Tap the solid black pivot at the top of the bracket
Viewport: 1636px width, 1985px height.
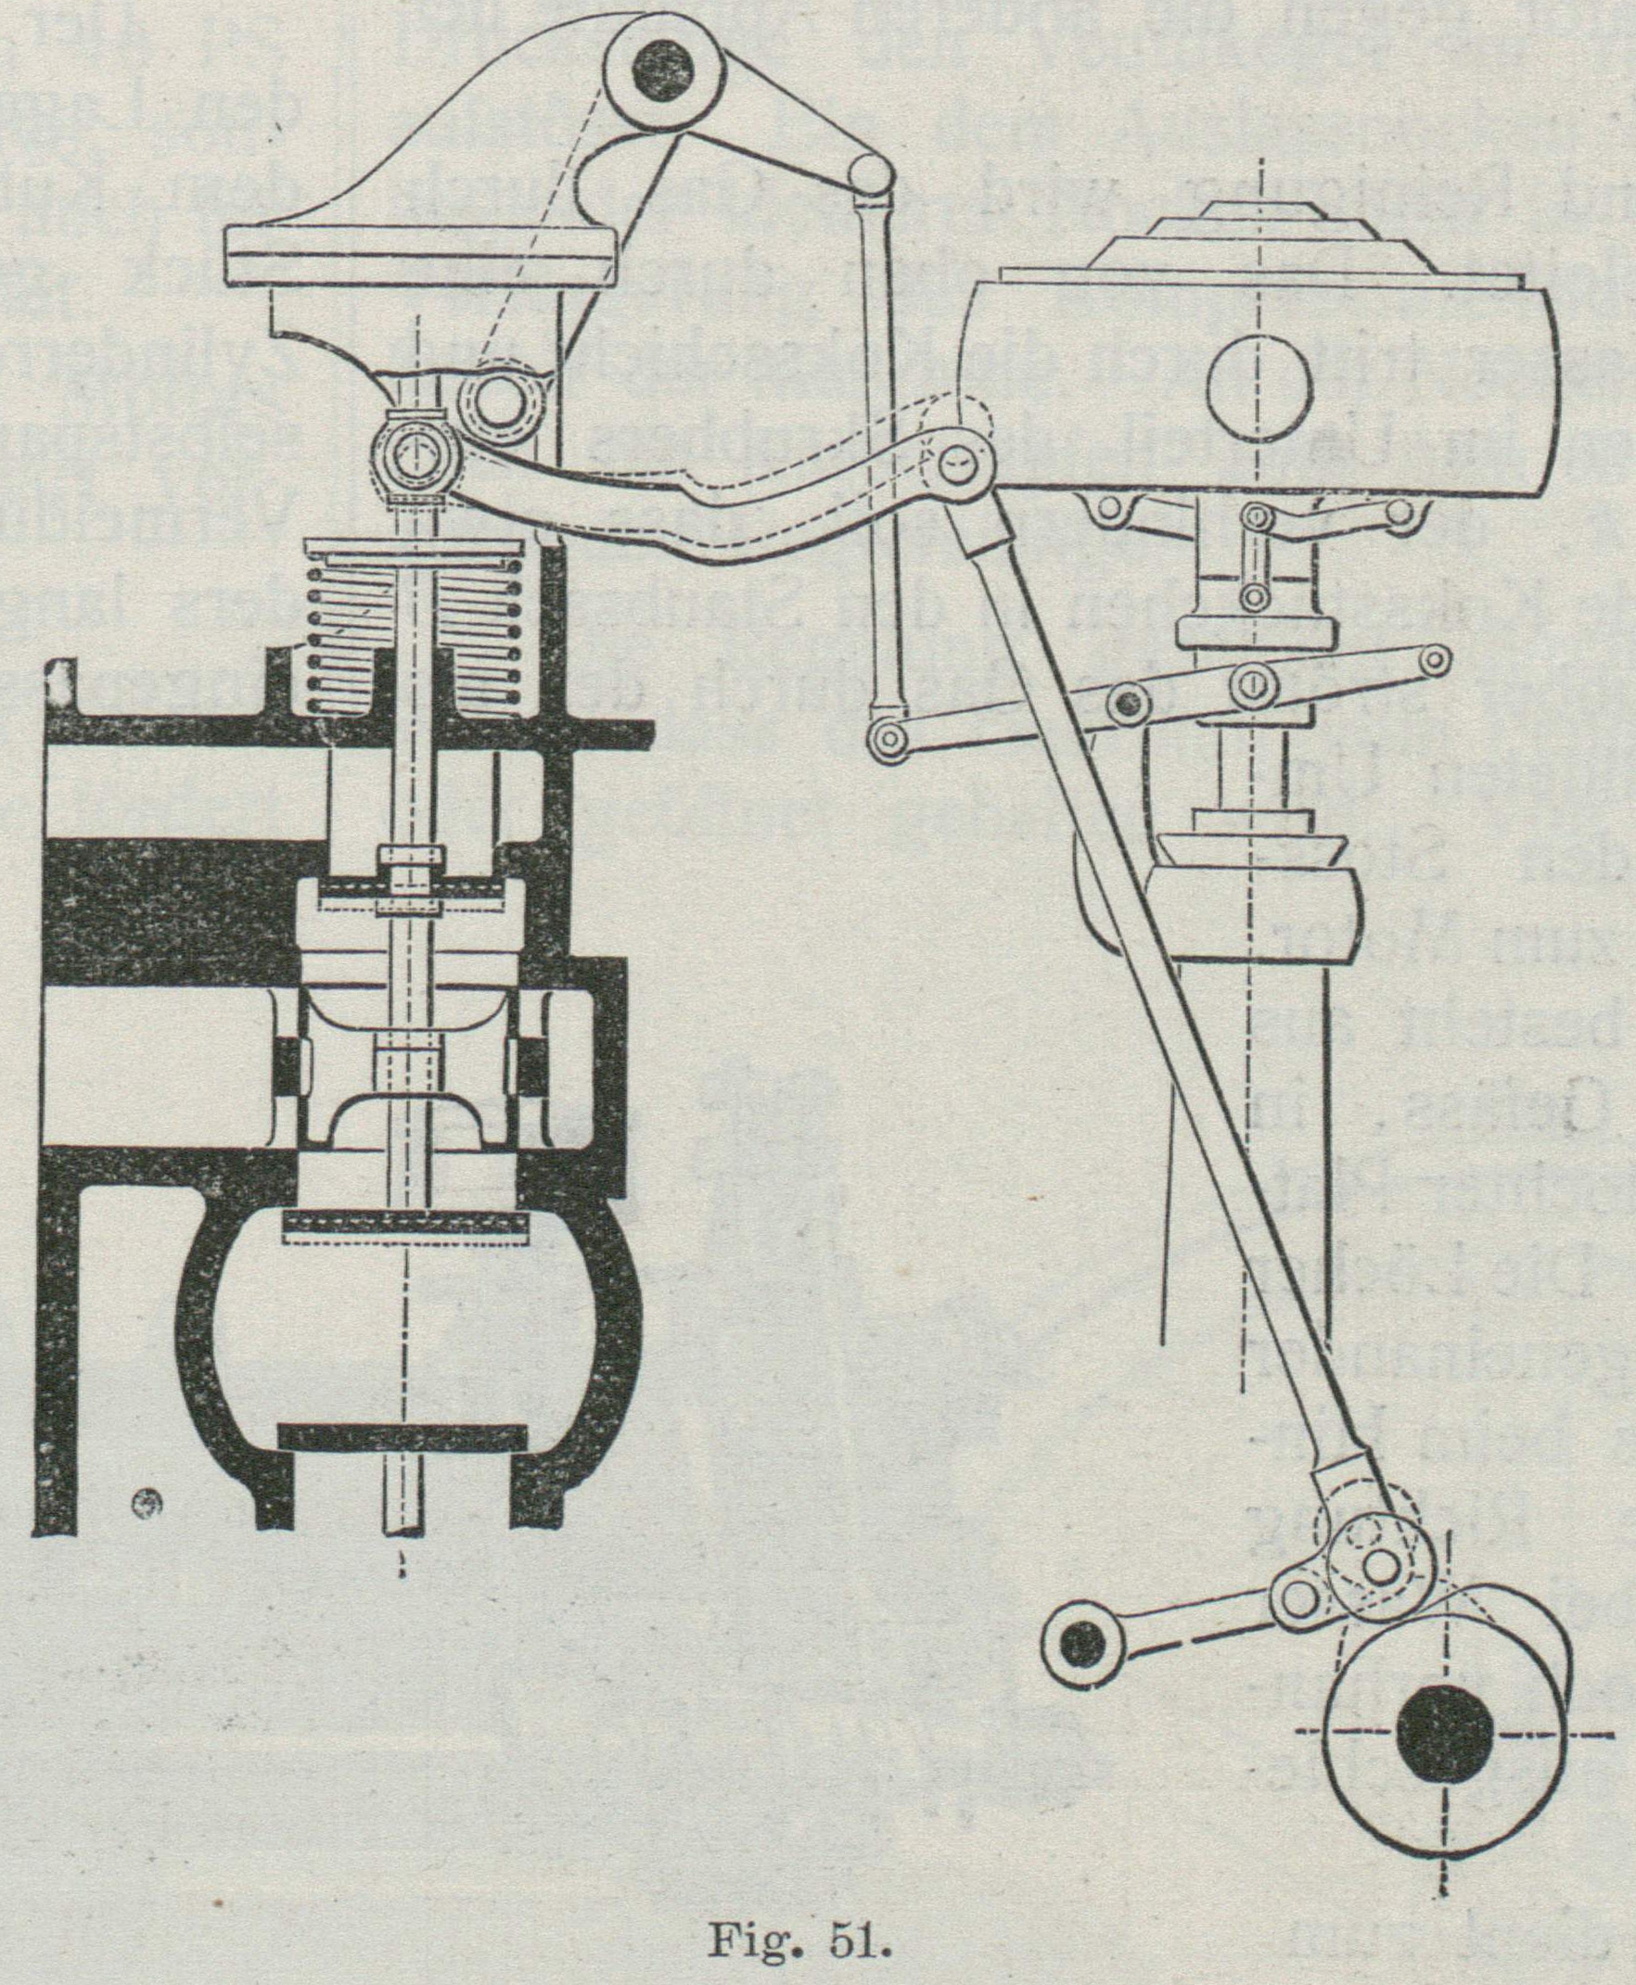tap(664, 66)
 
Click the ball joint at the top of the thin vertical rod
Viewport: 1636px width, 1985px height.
tap(871, 173)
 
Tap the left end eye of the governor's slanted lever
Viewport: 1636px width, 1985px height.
tap(886, 740)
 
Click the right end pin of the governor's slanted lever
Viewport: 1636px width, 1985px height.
tap(1436, 658)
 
